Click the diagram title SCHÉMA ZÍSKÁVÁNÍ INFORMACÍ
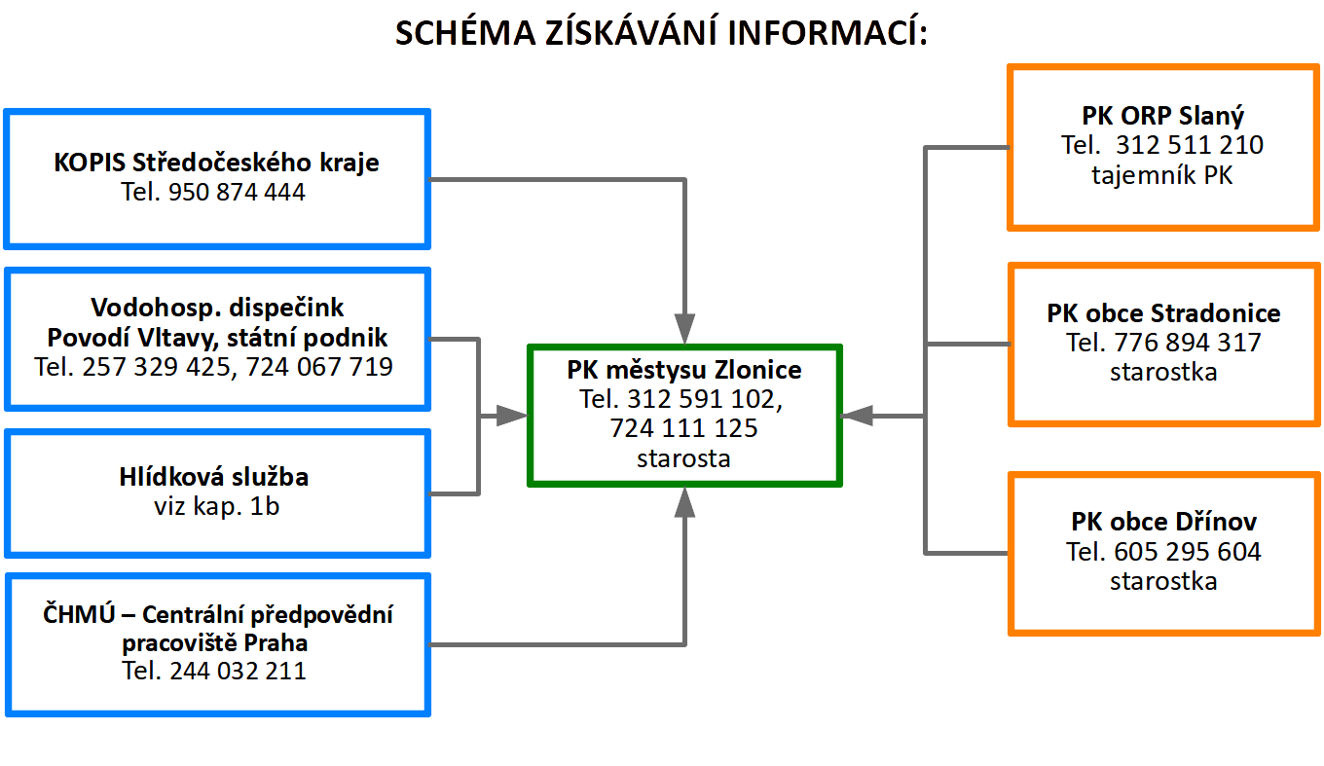(x=661, y=32)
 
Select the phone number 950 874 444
(x=237, y=192)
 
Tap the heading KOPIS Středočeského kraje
(x=216, y=163)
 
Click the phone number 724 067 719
(x=319, y=367)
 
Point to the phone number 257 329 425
(x=156, y=367)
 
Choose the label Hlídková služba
(x=214, y=477)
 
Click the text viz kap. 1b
(x=216, y=506)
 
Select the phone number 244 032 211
(x=239, y=671)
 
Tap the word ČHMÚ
(x=79, y=614)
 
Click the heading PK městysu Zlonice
(x=684, y=370)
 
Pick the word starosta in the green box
(x=683, y=458)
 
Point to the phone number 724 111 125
(x=683, y=428)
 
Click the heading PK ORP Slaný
(x=1163, y=116)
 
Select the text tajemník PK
(x=1162, y=175)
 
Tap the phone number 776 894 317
(x=1188, y=343)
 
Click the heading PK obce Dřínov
(x=1163, y=522)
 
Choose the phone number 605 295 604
(x=1188, y=552)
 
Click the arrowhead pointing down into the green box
(x=684, y=329)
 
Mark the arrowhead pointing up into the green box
(x=684, y=502)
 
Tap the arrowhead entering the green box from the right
(x=857, y=416)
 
